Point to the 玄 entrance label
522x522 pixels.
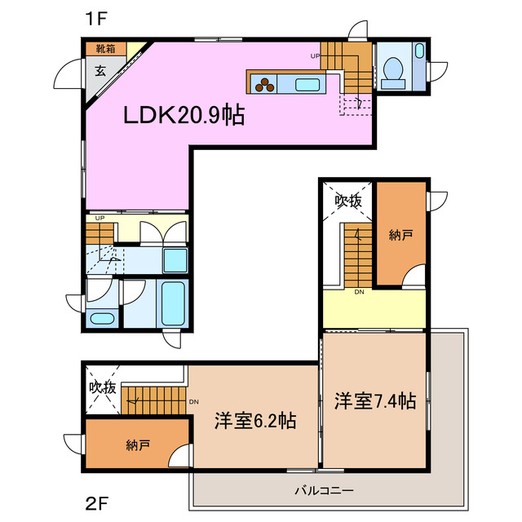pos(100,70)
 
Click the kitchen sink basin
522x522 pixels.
pos(307,83)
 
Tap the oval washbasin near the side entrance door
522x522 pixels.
pos(102,318)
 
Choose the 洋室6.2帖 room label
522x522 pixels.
pos(254,422)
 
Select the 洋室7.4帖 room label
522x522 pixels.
pos(375,401)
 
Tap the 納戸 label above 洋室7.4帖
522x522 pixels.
pos(400,235)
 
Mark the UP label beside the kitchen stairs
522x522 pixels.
pos(315,56)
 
